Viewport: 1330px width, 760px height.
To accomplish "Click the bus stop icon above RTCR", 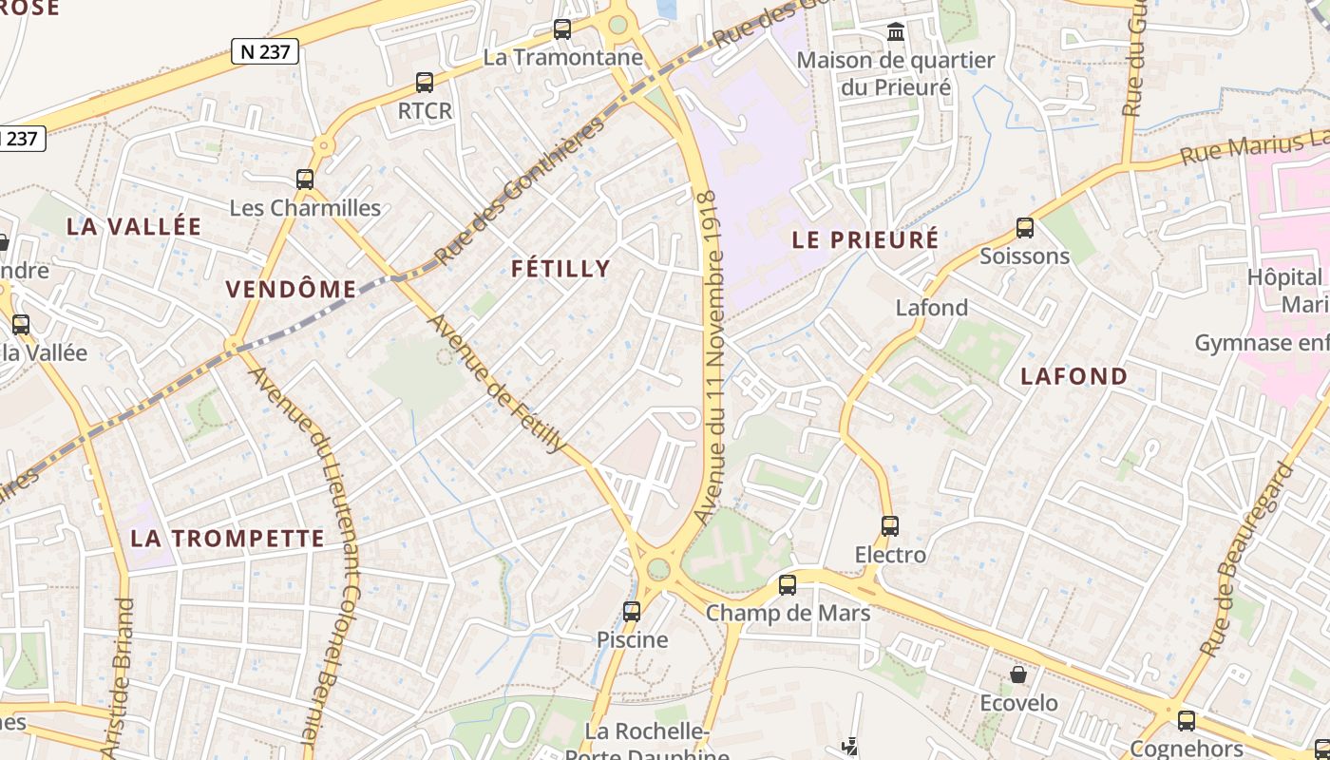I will [425, 83].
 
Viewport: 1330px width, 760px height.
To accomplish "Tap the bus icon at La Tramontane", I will [562, 29].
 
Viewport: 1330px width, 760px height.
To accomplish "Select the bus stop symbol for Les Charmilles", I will [305, 179].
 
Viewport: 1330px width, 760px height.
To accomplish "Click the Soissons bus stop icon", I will [1024, 228].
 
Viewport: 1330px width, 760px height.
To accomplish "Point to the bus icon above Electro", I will [890, 525].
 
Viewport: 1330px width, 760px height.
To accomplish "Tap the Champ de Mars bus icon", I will [788, 585].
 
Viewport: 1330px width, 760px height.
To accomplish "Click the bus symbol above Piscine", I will [632, 612].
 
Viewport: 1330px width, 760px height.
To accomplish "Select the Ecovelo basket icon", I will [1018, 674].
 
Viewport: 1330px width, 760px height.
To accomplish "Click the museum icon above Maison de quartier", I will [895, 33].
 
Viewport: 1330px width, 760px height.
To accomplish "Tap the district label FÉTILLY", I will [560, 269].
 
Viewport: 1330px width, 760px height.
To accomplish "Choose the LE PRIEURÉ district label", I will [864, 239].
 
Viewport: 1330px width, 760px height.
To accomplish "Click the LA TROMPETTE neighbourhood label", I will [227, 539].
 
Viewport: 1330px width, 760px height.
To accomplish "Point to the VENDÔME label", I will [291, 290].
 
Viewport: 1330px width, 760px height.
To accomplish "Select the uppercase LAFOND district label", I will [1073, 376].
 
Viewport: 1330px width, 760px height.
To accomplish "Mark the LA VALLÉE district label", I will [134, 226].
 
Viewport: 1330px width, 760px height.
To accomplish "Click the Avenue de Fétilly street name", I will [498, 383].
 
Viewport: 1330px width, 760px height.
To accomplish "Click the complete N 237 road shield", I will [265, 51].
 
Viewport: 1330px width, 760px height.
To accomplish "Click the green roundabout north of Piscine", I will [657, 570].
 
